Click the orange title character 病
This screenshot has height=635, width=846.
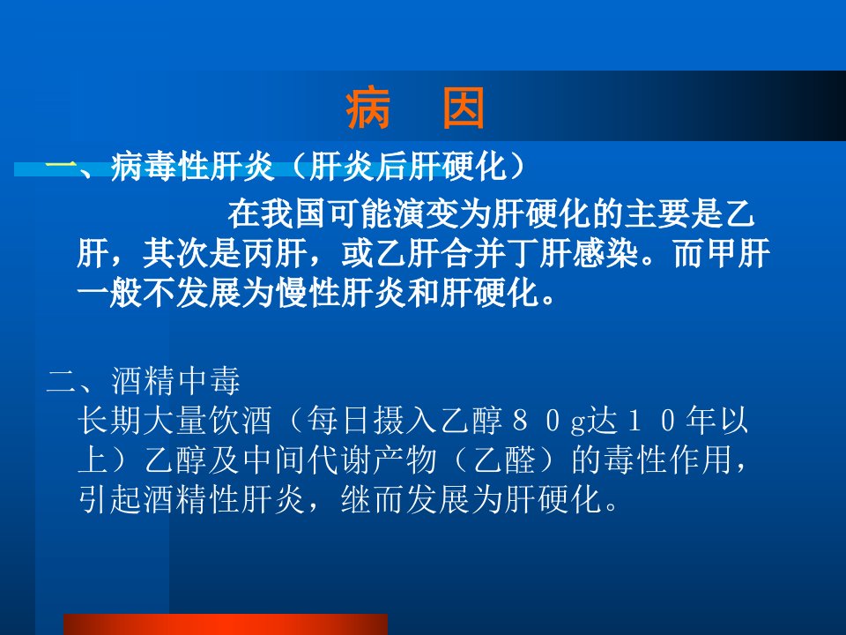point(368,109)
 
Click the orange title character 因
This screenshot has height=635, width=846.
point(463,109)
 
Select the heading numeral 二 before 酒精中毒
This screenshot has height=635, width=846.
point(62,381)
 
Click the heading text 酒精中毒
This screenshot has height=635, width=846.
point(176,381)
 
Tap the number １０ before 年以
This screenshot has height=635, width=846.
point(650,421)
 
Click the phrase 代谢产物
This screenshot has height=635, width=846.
point(372,460)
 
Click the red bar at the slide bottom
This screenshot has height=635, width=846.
point(226,624)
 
